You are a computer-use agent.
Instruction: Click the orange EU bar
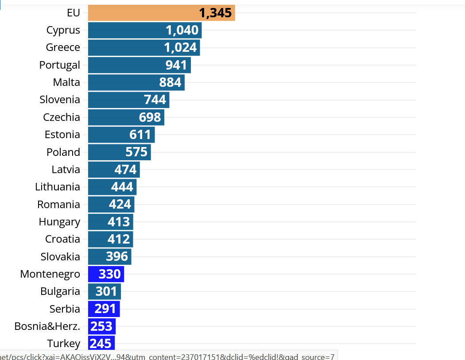[x=161, y=13]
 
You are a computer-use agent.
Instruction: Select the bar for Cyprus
[x=145, y=30]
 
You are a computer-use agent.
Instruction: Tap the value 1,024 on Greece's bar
[x=180, y=47]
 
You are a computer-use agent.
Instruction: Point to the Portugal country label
[x=60, y=65]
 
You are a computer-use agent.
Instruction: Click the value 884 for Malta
[x=170, y=82]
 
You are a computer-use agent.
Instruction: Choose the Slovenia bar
[x=128, y=100]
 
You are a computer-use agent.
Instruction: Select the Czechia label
[x=62, y=117]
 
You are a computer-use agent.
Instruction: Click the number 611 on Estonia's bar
[x=140, y=135]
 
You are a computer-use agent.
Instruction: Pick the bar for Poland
[x=119, y=152]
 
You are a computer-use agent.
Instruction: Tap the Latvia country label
[x=66, y=170]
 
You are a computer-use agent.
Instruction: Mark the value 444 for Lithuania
[x=122, y=187]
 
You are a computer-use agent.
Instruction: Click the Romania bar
[x=111, y=204]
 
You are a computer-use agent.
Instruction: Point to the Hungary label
[x=59, y=222]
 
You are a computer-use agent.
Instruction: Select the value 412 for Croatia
[x=119, y=239]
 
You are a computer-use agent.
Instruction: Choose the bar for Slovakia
[x=109, y=256]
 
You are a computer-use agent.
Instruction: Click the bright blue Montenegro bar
[x=106, y=274]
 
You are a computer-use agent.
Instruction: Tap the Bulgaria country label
[x=60, y=291]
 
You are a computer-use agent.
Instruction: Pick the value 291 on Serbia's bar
[x=105, y=309]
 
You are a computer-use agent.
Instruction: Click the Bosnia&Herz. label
[x=47, y=326]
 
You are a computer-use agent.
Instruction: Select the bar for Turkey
[x=101, y=343]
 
